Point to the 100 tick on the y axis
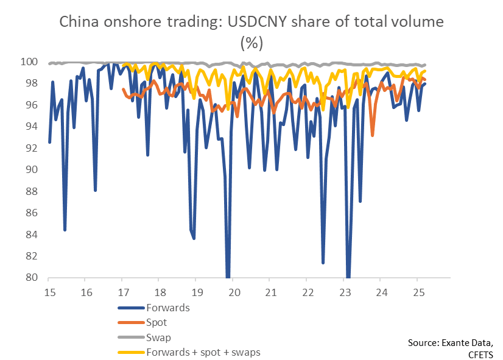[31, 62]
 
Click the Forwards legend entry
[168, 308]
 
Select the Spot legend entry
[157, 322]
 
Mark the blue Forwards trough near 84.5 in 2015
[65, 230]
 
